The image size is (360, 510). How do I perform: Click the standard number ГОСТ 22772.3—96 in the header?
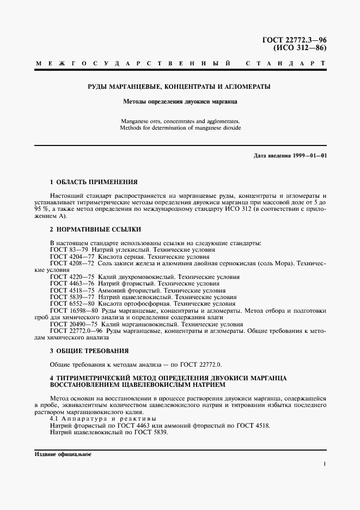(295, 40)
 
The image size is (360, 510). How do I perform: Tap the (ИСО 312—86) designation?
(299, 48)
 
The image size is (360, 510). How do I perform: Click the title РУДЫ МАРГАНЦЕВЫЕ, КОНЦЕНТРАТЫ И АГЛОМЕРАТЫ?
(179, 87)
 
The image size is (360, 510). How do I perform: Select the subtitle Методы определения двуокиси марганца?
(179, 101)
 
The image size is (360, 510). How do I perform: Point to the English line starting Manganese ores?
(179, 121)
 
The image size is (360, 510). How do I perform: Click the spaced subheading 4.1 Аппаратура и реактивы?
(103, 418)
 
